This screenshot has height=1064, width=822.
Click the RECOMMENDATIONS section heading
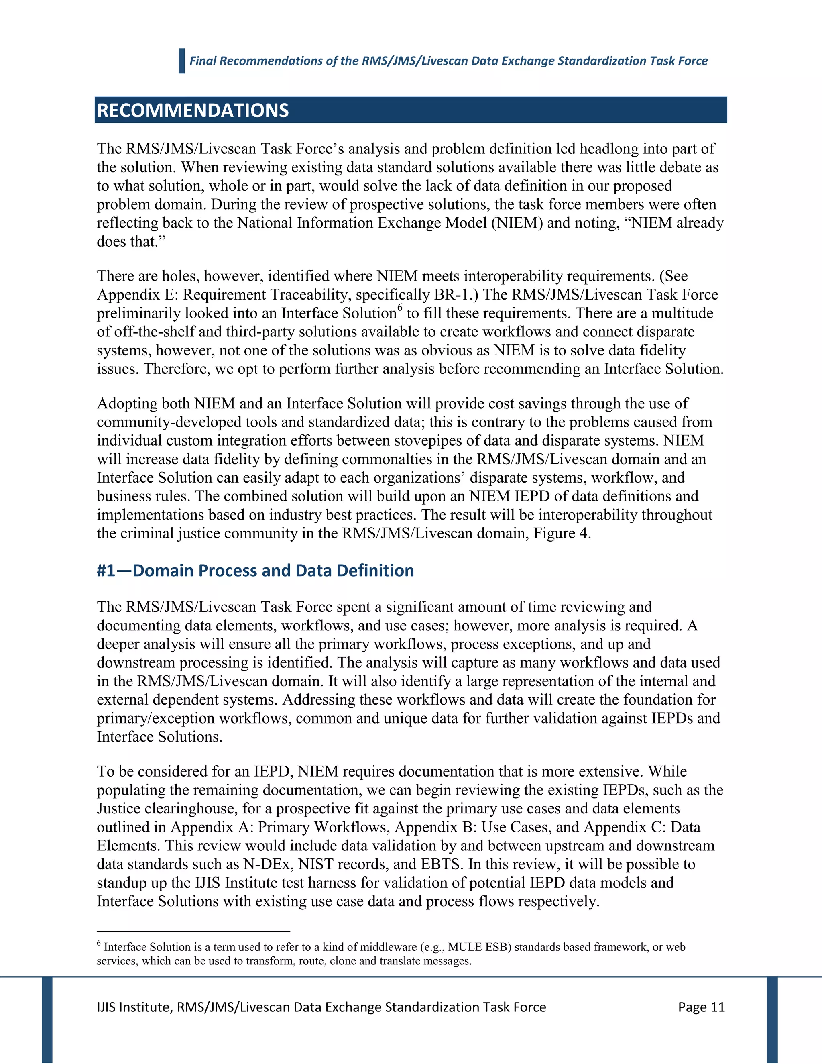coord(193,110)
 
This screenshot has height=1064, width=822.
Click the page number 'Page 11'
coord(701,1007)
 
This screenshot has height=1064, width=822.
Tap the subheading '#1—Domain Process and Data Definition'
coord(255,571)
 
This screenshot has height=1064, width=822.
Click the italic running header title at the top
coord(448,61)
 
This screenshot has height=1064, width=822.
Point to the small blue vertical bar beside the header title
coord(182,61)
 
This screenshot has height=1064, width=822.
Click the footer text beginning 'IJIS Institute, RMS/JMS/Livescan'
coord(321,1007)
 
